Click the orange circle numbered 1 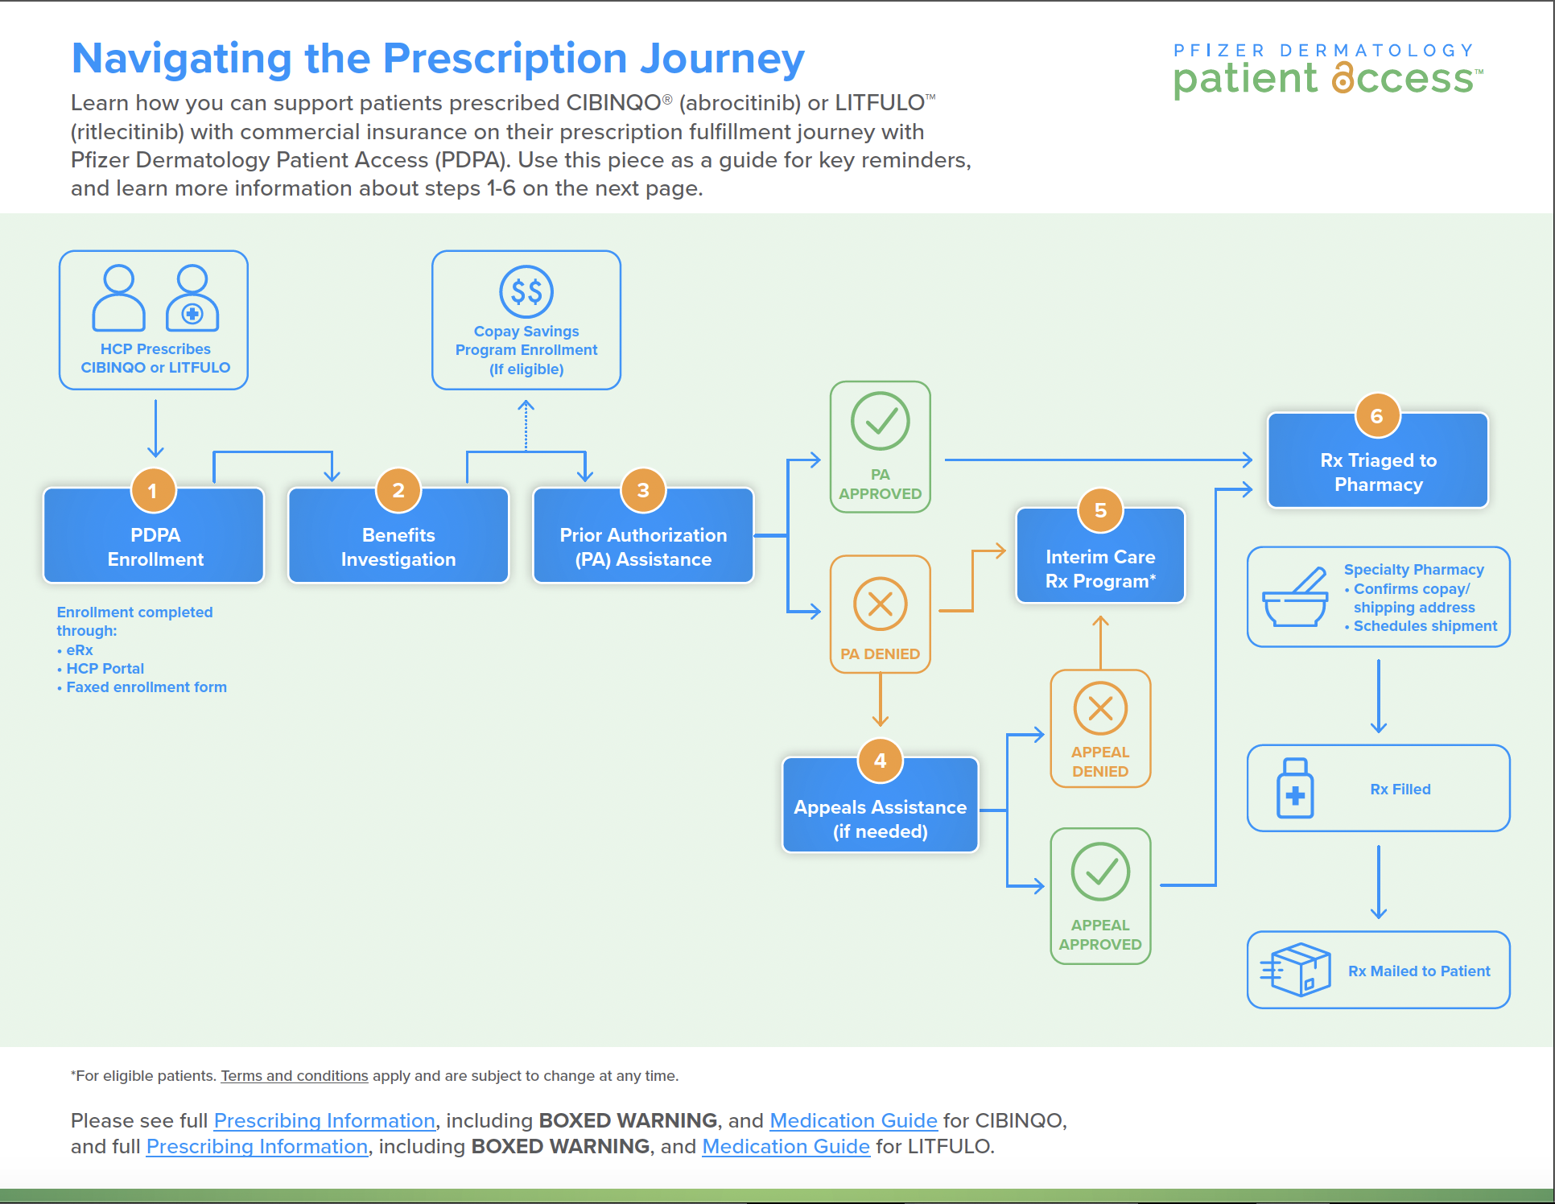[153, 491]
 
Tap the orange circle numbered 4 [880, 761]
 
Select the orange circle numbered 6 [1377, 416]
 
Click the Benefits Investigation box [398, 546]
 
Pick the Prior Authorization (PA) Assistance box [643, 546]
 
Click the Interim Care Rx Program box [1100, 568]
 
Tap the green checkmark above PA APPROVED [880, 421]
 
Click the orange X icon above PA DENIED [880, 604]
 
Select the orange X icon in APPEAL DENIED [1100, 708]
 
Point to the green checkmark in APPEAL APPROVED [1100, 872]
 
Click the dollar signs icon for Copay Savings [526, 291]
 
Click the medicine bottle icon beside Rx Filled [1295, 789]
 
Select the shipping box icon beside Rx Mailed [1297, 970]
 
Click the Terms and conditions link [295, 1076]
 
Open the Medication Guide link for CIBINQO [853, 1120]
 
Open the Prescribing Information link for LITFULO [257, 1146]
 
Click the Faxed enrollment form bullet [146, 687]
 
